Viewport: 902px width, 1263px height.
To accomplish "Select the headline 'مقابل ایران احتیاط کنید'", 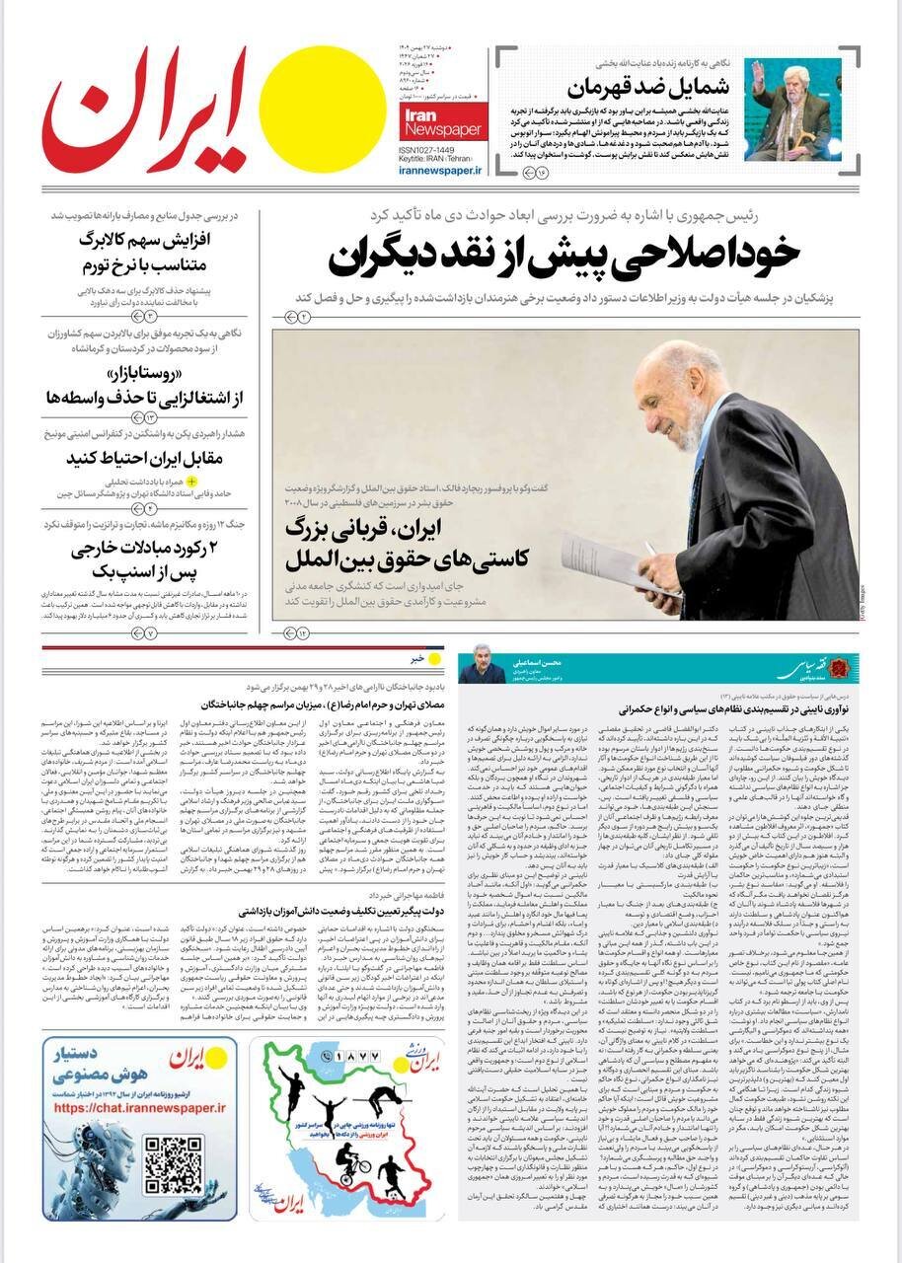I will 145,458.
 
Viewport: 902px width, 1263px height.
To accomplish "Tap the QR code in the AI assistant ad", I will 173,1165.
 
